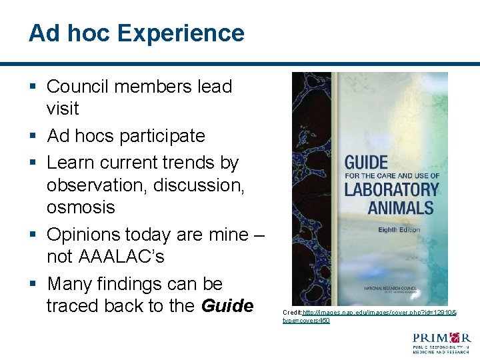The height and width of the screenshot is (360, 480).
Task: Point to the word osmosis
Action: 81,207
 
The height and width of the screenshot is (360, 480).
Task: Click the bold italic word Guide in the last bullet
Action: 227,306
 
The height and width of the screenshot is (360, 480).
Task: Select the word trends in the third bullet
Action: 193,163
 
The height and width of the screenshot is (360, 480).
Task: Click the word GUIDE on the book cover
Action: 365,163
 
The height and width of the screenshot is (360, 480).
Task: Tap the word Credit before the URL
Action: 292,312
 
